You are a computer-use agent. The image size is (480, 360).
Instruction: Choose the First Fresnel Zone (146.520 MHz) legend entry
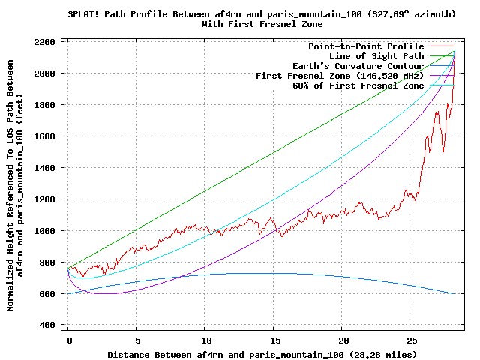tap(340, 76)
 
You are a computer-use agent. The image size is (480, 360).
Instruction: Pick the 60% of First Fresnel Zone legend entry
tap(358, 85)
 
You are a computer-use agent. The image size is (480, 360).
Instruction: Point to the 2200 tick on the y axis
tap(44, 42)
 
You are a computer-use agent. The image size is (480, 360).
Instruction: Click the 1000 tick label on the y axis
tap(44, 231)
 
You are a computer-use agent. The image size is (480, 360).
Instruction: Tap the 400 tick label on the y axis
tap(47, 325)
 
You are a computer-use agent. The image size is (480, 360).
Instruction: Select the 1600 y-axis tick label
tap(44, 136)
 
